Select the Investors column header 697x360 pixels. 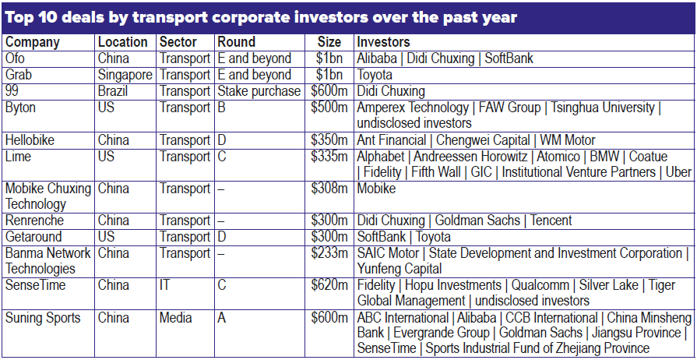point(383,42)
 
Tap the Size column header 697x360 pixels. point(329,42)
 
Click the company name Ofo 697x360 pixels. point(16,58)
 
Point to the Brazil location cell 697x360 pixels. point(114,91)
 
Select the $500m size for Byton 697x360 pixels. point(329,108)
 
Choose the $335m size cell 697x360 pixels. point(329,157)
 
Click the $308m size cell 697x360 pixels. point(329,189)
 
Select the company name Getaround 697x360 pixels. point(33,237)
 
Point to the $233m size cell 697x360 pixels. point(329,253)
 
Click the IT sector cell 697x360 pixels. point(164,285)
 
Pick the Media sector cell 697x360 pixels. point(175,318)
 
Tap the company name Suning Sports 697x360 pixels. point(44,318)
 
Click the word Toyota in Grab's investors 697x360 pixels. point(375,75)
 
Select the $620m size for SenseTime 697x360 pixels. point(329,285)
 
